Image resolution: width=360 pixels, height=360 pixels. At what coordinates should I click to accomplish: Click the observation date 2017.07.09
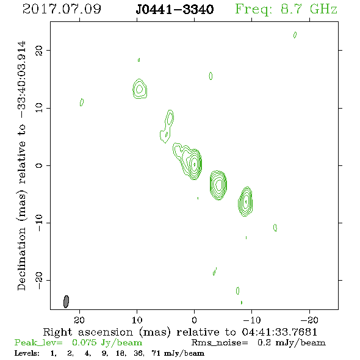62,9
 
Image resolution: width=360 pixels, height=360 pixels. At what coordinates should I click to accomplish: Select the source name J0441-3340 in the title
175,9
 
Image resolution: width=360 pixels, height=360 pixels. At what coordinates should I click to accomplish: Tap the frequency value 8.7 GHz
309,9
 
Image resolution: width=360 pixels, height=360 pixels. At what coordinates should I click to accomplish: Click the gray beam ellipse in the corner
66,301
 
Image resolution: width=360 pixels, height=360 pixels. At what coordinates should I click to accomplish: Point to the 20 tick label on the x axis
79,320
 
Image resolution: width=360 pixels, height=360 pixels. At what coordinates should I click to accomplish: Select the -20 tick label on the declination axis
39,280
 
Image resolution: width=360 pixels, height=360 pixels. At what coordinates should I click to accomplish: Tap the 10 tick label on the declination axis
39,108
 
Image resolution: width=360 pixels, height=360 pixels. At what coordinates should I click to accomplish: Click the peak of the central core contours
195,164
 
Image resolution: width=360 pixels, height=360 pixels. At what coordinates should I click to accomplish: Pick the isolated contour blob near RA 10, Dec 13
140,89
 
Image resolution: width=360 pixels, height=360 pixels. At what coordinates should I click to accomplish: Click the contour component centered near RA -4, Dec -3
218,185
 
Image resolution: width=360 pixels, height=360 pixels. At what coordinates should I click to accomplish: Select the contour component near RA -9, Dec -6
245,201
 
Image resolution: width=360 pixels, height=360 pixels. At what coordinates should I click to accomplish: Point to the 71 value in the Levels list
156,353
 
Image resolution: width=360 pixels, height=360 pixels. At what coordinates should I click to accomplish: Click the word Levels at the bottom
27,353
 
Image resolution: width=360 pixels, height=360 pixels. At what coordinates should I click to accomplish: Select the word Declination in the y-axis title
21,259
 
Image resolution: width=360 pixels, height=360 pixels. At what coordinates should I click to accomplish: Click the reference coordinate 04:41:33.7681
279,332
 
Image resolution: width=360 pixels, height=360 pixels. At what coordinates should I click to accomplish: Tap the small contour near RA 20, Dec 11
82,102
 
